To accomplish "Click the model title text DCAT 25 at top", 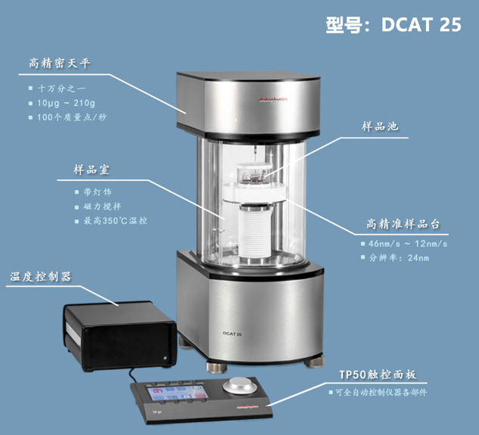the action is [x=421, y=24].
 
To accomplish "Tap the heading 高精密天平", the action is [x=60, y=64].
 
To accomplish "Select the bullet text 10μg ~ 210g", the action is [x=66, y=103].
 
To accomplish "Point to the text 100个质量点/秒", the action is [x=72, y=117].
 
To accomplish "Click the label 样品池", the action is [x=380, y=126].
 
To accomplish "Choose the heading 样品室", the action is [x=91, y=169].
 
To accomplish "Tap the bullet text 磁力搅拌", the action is [x=102, y=207].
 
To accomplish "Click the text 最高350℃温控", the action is [x=116, y=221].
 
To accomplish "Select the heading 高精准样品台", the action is [x=403, y=224].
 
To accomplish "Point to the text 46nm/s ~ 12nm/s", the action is [x=408, y=244].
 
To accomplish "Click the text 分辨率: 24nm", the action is [x=399, y=258].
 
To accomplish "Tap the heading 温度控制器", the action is [x=41, y=276].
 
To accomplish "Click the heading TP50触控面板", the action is [x=378, y=374].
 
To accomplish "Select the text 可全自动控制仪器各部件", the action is [x=381, y=392].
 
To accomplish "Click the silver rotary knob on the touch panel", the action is [x=240, y=386].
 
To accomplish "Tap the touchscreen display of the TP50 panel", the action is [x=178, y=393].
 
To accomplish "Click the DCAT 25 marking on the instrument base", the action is [x=232, y=334].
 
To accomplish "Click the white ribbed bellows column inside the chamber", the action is [x=255, y=232].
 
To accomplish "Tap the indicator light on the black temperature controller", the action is [x=165, y=358].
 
